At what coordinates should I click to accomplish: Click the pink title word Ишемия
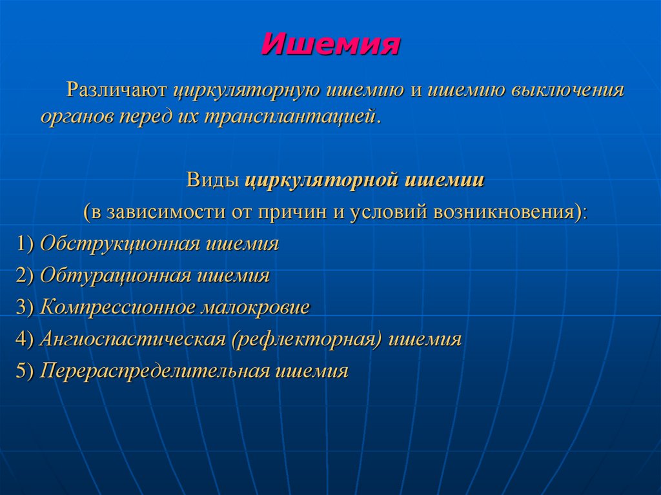(x=330, y=45)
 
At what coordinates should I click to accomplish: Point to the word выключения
(x=568, y=90)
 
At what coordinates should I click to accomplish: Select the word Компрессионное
(x=118, y=307)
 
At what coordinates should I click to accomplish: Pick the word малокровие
(x=256, y=307)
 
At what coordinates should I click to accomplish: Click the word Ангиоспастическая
(x=131, y=339)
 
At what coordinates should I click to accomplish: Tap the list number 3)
(x=26, y=307)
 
